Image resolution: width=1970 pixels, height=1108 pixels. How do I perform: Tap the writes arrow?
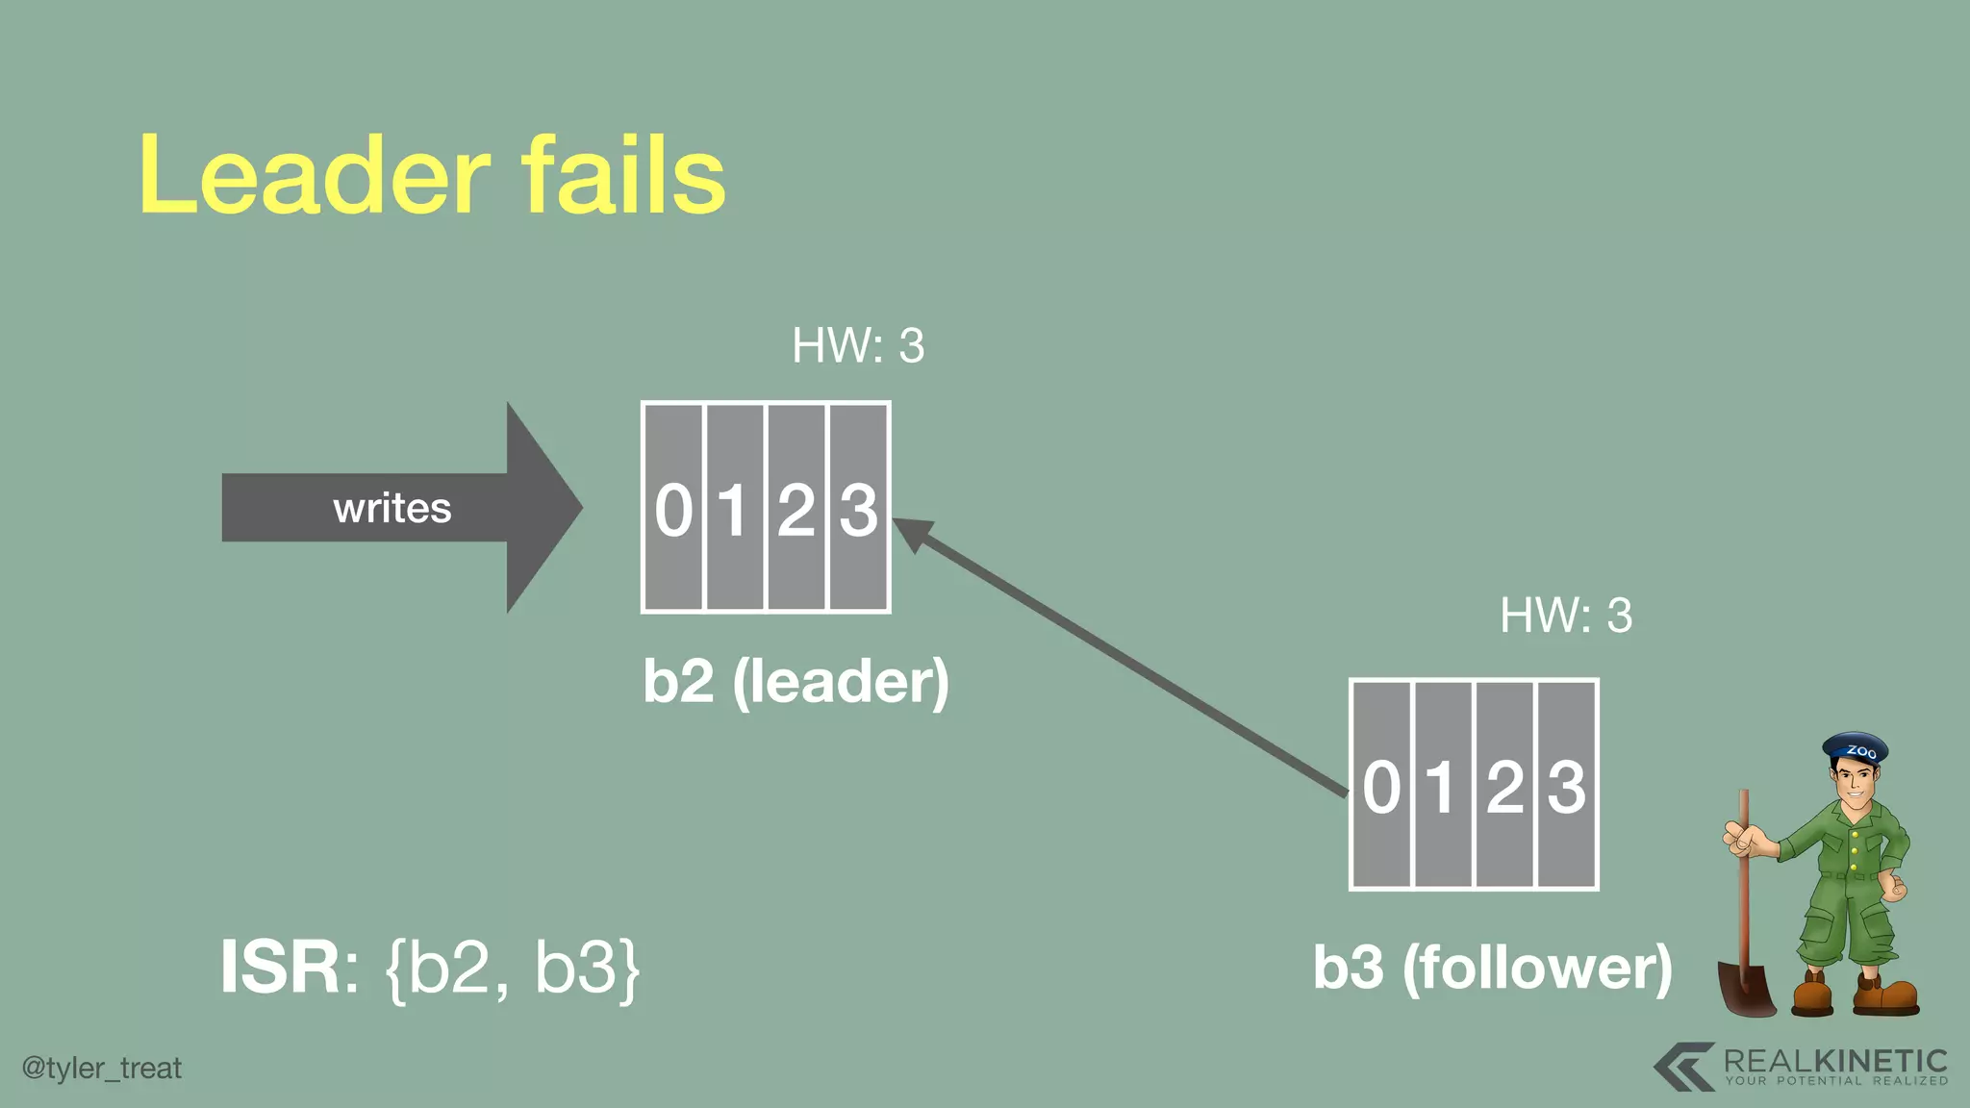[394, 508]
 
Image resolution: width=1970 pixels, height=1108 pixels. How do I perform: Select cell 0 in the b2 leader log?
[673, 508]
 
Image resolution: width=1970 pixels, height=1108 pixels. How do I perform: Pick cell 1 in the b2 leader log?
[735, 508]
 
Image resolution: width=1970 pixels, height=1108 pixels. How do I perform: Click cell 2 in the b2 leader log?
[796, 508]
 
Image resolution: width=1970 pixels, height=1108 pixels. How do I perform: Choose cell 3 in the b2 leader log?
[858, 508]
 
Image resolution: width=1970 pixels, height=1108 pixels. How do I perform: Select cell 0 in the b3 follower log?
[1381, 785]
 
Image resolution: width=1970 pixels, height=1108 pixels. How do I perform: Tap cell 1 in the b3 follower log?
[1442, 785]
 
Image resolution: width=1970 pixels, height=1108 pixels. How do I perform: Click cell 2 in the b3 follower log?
[1503, 785]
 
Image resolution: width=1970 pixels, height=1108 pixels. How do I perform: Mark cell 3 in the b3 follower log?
[1566, 785]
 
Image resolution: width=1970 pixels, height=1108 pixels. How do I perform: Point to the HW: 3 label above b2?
[858, 345]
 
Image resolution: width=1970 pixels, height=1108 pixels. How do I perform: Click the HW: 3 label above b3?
[1566, 616]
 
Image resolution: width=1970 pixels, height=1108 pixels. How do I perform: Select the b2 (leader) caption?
[796, 682]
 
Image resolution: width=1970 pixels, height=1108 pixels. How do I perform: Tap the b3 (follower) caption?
[1492, 967]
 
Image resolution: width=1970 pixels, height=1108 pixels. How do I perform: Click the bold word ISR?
[280, 967]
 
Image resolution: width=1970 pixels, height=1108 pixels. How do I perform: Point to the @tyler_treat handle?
[102, 1069]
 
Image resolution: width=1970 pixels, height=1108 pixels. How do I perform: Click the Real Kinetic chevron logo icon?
[1684, 1067]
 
